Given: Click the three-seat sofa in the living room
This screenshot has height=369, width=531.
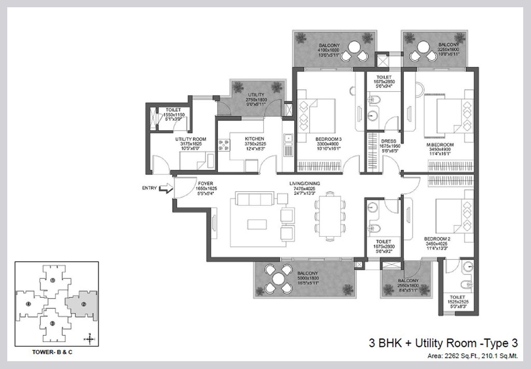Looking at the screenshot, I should pyautogui.click(x=254, y=200).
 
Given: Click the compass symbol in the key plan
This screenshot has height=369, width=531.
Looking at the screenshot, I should pyautogui.click(x=89, y=339).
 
